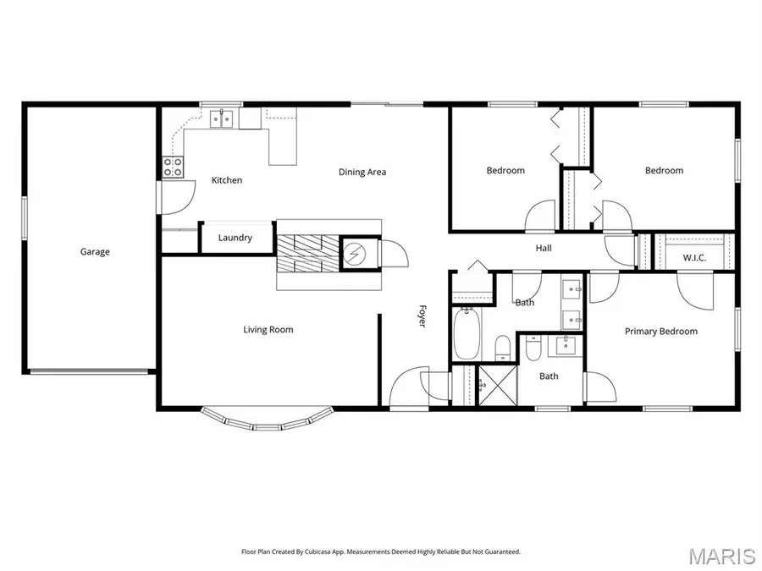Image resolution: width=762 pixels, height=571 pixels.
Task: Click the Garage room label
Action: click(95, 251)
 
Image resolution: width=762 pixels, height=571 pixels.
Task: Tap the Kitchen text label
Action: click(227, 180)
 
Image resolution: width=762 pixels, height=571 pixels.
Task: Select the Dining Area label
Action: click(362, 173)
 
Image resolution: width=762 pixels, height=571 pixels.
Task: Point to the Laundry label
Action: click(235, 238)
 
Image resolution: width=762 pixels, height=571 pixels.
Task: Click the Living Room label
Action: click(268, 330)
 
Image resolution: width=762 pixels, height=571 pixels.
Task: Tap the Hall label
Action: click(543, 249)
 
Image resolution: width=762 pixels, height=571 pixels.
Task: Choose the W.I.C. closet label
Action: click(694, 257)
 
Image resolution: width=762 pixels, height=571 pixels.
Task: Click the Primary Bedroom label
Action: click(661, 332)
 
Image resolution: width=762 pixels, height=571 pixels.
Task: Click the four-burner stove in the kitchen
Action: click(174, 166)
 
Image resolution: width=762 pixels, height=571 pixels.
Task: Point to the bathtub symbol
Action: click(467, 335)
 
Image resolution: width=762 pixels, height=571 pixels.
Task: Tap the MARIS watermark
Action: click(721, 555)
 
